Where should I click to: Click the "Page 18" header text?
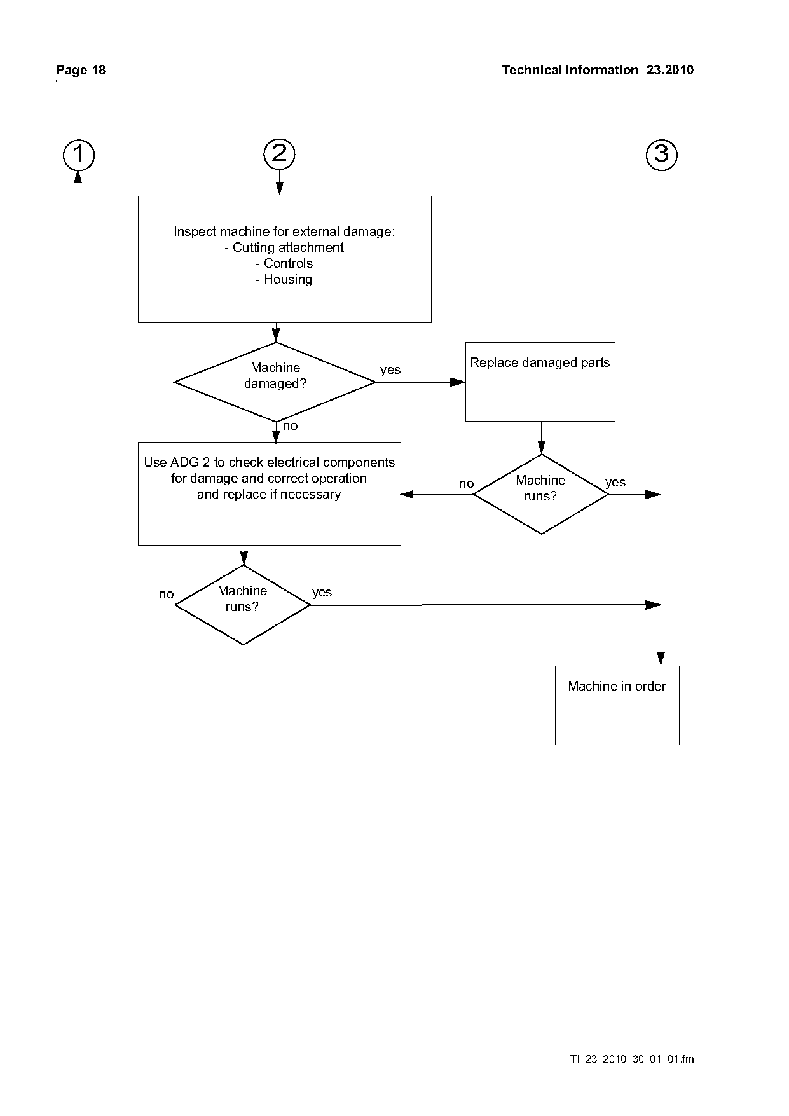point(81,70)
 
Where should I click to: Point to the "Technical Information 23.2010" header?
point(598,70)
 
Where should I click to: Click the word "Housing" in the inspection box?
point(288,279)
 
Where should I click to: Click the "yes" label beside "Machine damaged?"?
point(390,369)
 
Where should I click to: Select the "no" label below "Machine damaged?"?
point(290,426)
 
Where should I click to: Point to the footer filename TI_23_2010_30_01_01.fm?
point(632,1059)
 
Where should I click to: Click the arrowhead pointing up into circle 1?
point(78,177)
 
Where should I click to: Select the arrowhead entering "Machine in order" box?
point(661,659)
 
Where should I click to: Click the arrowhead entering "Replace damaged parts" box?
point(458,382)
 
